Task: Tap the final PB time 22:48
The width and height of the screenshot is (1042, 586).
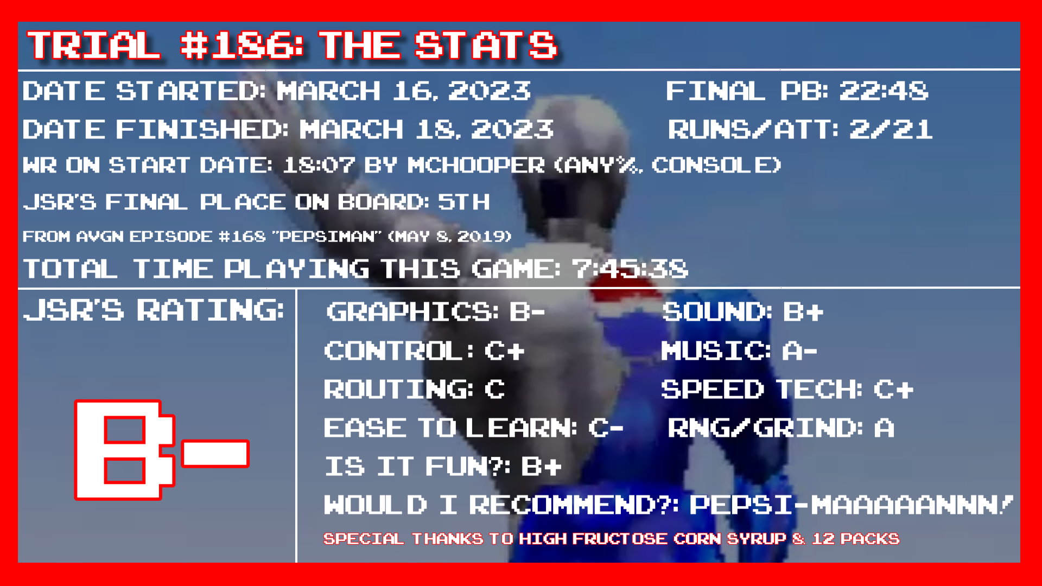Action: click(x=884, y=91)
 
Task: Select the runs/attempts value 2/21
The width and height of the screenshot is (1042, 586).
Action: click(x=891, y=129)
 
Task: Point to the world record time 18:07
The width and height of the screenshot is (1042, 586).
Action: click(x=319, y=165)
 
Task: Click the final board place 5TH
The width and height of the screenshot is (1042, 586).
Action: click(x=464, y=202)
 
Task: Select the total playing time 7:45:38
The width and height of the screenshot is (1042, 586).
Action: click(x=630, y=269)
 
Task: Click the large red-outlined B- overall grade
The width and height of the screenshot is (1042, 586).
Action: click(x=162, y=450)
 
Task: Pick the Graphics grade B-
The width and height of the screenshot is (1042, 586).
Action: click(x=526, y=312)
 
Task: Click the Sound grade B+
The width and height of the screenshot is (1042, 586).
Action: click(x=803, y=312)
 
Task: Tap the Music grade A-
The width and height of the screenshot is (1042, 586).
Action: click(x=799, y=351)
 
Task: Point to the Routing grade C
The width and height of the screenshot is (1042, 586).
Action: click(x=494, y=389)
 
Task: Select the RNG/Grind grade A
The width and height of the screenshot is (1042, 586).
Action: click(x=884, y=428)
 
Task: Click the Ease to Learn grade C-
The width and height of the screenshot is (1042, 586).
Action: click(x=606, y=428)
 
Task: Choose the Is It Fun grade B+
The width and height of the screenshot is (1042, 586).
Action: click(x=541, y=466)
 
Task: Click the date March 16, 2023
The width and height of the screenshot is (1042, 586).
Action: click(x=404, y=91)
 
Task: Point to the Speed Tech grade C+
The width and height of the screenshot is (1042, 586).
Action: click(x=893, y=389)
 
